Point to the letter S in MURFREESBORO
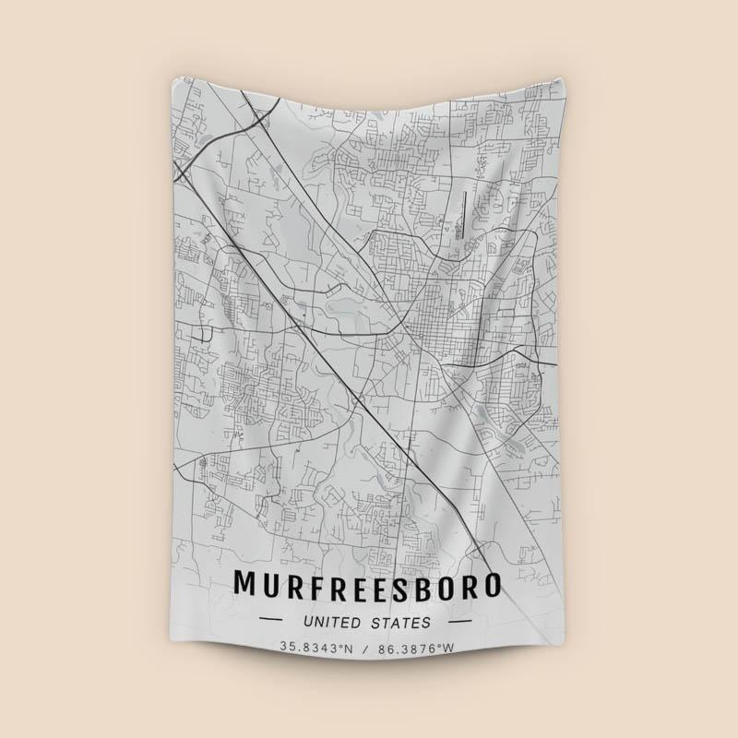point(399,585)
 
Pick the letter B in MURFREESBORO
point(423,585)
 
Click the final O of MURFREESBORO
point(491,585)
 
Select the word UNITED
point(333,623)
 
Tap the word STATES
point(401,623)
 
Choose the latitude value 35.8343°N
point(318,649)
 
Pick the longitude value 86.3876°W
point(417,649)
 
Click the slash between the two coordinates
point(367,649)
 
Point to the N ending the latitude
point(349,649)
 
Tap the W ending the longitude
point(449,649)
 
